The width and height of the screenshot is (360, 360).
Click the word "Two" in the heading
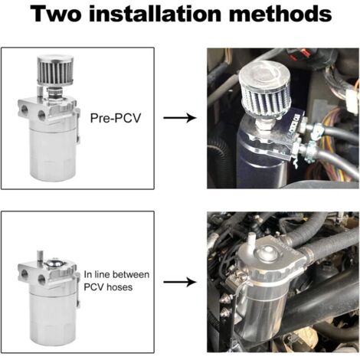(57, 14)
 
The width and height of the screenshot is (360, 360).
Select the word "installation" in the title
(155, 14)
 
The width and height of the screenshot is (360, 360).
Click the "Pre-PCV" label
(116, 118)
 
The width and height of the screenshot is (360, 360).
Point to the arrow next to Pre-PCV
(179, 118)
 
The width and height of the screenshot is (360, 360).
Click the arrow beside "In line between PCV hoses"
(179, 282)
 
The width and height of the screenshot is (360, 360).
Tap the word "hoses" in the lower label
(119, 287)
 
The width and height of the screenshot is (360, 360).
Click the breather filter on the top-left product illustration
(55, 70)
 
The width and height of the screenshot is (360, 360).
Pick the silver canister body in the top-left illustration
(53, 153)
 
